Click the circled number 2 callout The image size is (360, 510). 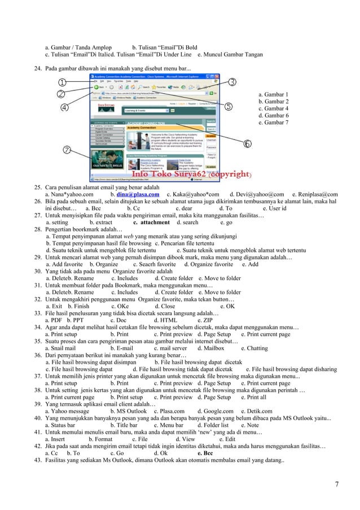(x=59, y=93)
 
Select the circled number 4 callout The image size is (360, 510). (x=65, y=106)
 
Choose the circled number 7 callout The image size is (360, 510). (x=68, y=151)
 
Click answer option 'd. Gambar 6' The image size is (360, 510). (x=273, y=115)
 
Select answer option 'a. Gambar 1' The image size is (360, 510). (x=273, y=95)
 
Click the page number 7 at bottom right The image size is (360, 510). (x=337, y=484)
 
